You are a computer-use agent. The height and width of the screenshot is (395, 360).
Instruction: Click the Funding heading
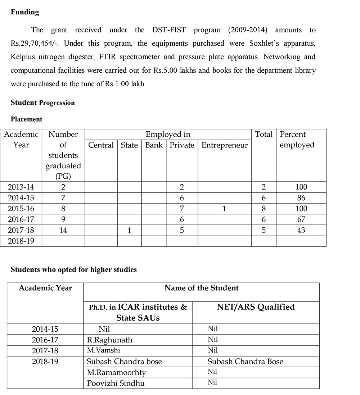coord(24,12)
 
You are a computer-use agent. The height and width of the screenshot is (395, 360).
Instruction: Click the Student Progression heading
coord(42,103)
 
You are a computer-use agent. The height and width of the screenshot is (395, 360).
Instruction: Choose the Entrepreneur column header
coord(224,145)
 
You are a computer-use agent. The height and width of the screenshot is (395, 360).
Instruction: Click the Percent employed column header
coord(297,140)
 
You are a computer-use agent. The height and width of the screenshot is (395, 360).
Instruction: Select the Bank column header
coord(154,145)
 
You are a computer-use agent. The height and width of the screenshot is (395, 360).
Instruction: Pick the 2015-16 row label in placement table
coord(21,209)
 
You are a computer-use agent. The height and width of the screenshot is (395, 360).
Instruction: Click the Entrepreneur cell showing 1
coord(224,209)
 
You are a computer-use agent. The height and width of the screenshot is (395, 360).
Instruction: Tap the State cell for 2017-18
coord(129,230)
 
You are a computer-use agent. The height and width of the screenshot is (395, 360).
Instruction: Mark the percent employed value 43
coord(301,230)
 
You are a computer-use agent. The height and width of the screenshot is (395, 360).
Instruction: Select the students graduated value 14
coord(63,230)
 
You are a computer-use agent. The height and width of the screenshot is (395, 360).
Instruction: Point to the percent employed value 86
coord(301,198)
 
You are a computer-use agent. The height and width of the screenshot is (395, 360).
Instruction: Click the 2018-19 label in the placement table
coord(21,241)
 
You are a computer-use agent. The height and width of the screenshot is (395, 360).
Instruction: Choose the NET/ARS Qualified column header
coord(256,307)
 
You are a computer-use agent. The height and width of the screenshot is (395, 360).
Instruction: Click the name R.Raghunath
coord(110,340)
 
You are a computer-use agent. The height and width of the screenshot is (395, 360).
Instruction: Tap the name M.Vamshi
coord(104,350)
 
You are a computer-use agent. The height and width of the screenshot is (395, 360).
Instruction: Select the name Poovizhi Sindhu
coord(116,383)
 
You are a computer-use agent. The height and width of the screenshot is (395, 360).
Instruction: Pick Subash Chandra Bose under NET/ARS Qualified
coord(245,362)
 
